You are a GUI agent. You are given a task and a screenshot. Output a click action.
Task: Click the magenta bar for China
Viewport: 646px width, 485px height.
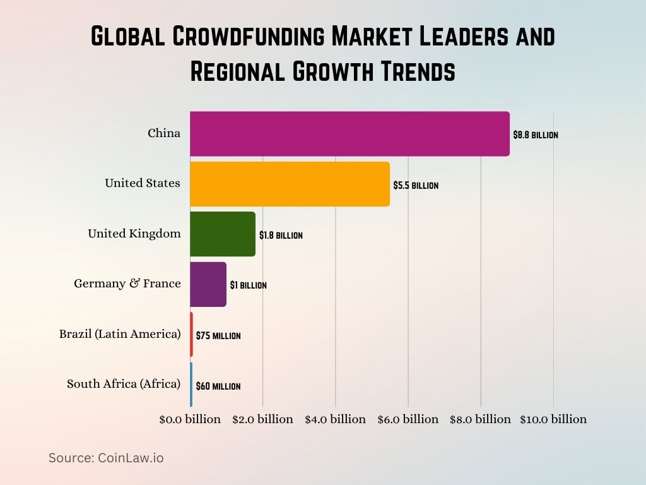349,134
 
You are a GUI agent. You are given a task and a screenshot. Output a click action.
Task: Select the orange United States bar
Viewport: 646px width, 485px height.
290,184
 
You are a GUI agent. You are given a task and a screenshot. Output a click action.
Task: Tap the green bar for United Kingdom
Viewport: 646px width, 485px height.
223,234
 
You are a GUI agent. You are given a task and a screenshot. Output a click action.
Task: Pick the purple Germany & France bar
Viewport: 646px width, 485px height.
208,284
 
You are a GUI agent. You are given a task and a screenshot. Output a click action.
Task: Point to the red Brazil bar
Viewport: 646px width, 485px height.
191,334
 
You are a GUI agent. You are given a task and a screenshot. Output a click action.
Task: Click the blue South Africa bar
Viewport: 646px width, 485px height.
191,384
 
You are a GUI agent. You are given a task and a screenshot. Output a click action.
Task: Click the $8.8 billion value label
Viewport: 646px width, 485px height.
535,135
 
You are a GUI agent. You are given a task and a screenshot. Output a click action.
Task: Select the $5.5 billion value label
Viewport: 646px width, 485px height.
415,186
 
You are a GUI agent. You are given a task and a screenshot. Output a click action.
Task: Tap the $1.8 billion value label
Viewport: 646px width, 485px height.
281,236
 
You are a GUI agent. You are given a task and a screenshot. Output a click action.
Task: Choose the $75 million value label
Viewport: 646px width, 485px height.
218,336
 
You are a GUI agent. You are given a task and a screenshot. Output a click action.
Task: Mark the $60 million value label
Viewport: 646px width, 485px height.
218,386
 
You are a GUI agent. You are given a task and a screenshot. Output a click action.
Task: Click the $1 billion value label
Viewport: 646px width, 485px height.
248,285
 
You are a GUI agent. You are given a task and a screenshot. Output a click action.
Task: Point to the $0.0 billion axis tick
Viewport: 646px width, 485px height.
190,419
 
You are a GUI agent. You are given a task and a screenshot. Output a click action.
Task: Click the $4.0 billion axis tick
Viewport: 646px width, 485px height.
335,419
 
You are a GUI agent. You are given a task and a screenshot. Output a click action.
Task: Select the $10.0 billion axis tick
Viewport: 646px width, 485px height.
553,419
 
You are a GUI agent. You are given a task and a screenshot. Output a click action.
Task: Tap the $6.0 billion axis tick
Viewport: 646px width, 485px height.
408,419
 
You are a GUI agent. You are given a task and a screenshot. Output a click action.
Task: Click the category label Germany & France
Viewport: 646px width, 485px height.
127,284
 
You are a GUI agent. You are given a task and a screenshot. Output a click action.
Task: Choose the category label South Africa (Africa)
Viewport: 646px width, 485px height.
124,384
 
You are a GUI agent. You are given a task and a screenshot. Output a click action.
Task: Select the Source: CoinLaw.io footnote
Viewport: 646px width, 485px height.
106,458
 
